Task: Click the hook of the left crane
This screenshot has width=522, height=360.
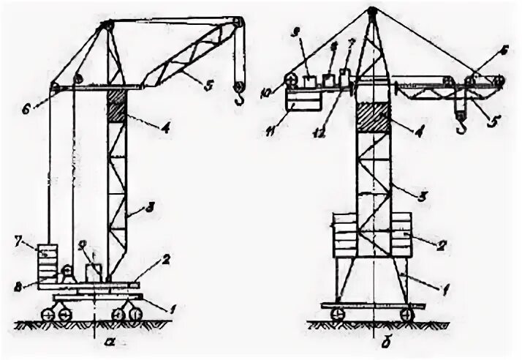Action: pyautogui.click(x=238, y=90)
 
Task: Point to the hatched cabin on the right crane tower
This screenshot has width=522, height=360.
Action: pyautogui.click(x=372, y=116)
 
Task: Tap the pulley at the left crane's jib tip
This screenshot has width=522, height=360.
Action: pyautogui.click(x=236, y=24)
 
